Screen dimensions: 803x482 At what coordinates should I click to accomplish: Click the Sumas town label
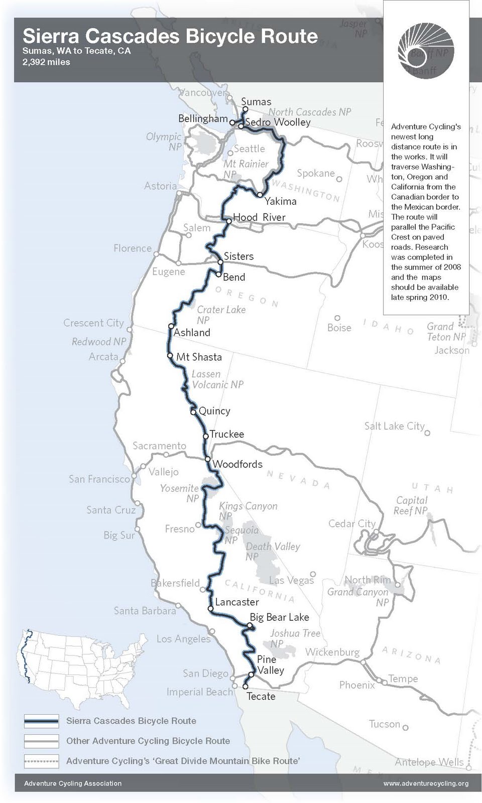point(256,102)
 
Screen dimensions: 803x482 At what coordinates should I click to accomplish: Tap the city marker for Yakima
point(260,195)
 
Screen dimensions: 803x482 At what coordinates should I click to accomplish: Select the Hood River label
point(259,217)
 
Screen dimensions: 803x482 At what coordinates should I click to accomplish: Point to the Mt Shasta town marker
point(170,355)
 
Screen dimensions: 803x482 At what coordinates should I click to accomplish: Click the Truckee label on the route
point(227,434)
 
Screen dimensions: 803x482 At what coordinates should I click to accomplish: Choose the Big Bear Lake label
point(279,617)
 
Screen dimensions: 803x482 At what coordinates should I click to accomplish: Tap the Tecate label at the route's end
point(261,696)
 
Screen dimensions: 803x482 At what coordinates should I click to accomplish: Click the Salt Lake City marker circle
point(427,433)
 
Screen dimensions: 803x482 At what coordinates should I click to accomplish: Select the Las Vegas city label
point(291,580)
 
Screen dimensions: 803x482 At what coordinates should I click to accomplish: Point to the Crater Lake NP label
point(221,315)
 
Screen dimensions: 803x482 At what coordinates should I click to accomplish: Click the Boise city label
point(339,328)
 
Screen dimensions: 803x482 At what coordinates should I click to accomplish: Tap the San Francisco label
point(99,479)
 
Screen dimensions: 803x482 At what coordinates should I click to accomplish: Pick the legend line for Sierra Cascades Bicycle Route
point(41,721)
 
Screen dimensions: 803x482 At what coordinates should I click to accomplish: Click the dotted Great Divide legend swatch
point(41,761)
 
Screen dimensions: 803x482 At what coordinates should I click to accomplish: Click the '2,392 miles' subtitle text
point(46,62)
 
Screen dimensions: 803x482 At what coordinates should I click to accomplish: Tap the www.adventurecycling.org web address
point(426,783)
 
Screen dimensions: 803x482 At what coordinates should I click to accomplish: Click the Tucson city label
point(384,724)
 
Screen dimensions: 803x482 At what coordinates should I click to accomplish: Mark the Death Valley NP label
point(273,551)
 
